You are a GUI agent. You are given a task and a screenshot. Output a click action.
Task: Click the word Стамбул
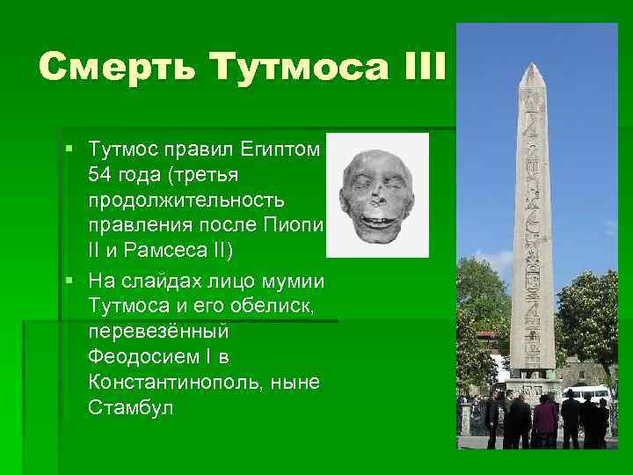coord(131,407)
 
